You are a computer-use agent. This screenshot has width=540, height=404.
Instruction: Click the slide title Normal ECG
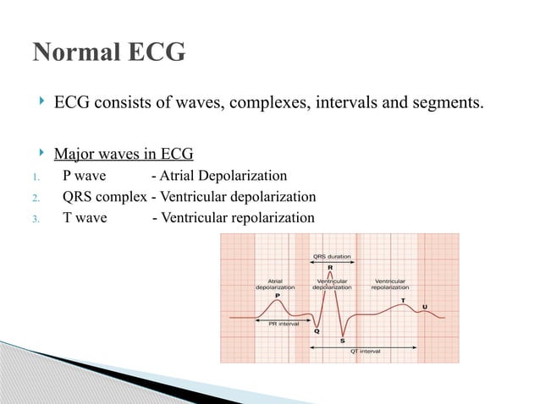[108, 52]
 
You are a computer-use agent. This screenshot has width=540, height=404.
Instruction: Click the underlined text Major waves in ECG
[124, 154]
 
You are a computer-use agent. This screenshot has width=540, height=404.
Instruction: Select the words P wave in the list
[83, 176]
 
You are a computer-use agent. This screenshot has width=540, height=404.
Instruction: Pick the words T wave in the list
[83, 218]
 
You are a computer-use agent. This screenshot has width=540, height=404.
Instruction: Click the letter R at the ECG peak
[330, 267]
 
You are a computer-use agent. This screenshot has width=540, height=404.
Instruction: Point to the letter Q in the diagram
[317, 330]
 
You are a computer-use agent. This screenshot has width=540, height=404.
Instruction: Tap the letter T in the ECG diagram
[402, 300]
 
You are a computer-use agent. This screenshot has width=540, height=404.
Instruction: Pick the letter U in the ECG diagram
[425, 306]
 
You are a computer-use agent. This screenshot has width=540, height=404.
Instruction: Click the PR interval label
[284, 324]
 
